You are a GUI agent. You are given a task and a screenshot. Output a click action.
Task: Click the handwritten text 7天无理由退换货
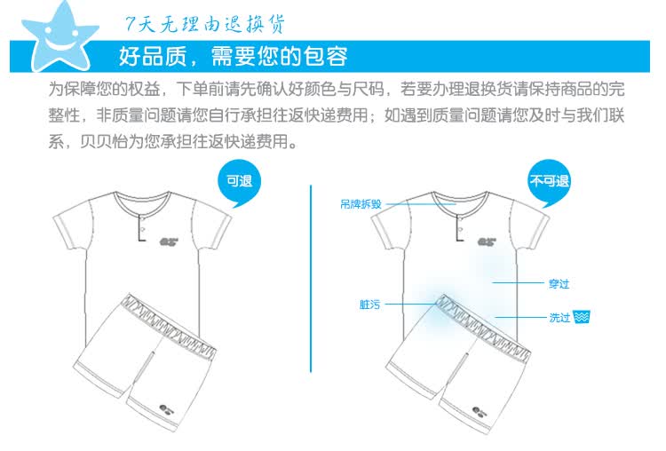205,24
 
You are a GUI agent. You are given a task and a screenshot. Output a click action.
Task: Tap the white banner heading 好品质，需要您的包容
233,56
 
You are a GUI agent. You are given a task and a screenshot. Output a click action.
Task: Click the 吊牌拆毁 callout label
361,204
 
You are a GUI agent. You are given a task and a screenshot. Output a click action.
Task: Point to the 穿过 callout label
559,283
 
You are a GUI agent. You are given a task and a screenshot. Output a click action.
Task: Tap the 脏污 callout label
369,305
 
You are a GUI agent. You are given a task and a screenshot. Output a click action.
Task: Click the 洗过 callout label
559,317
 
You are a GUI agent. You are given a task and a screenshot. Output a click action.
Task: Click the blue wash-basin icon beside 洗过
581,317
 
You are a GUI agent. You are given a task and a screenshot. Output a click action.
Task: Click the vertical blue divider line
311,279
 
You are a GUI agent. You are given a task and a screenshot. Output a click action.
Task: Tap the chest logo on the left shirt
169,242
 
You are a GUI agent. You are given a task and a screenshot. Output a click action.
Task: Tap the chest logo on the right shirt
487,242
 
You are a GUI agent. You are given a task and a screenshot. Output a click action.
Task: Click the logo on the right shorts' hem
480,411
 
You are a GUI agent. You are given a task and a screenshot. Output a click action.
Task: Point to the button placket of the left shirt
142,227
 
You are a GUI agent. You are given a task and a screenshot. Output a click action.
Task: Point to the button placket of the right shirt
460,227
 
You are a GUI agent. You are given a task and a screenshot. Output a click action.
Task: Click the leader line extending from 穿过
518,282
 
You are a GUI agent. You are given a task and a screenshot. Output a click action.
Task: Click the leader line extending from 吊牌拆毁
421,204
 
